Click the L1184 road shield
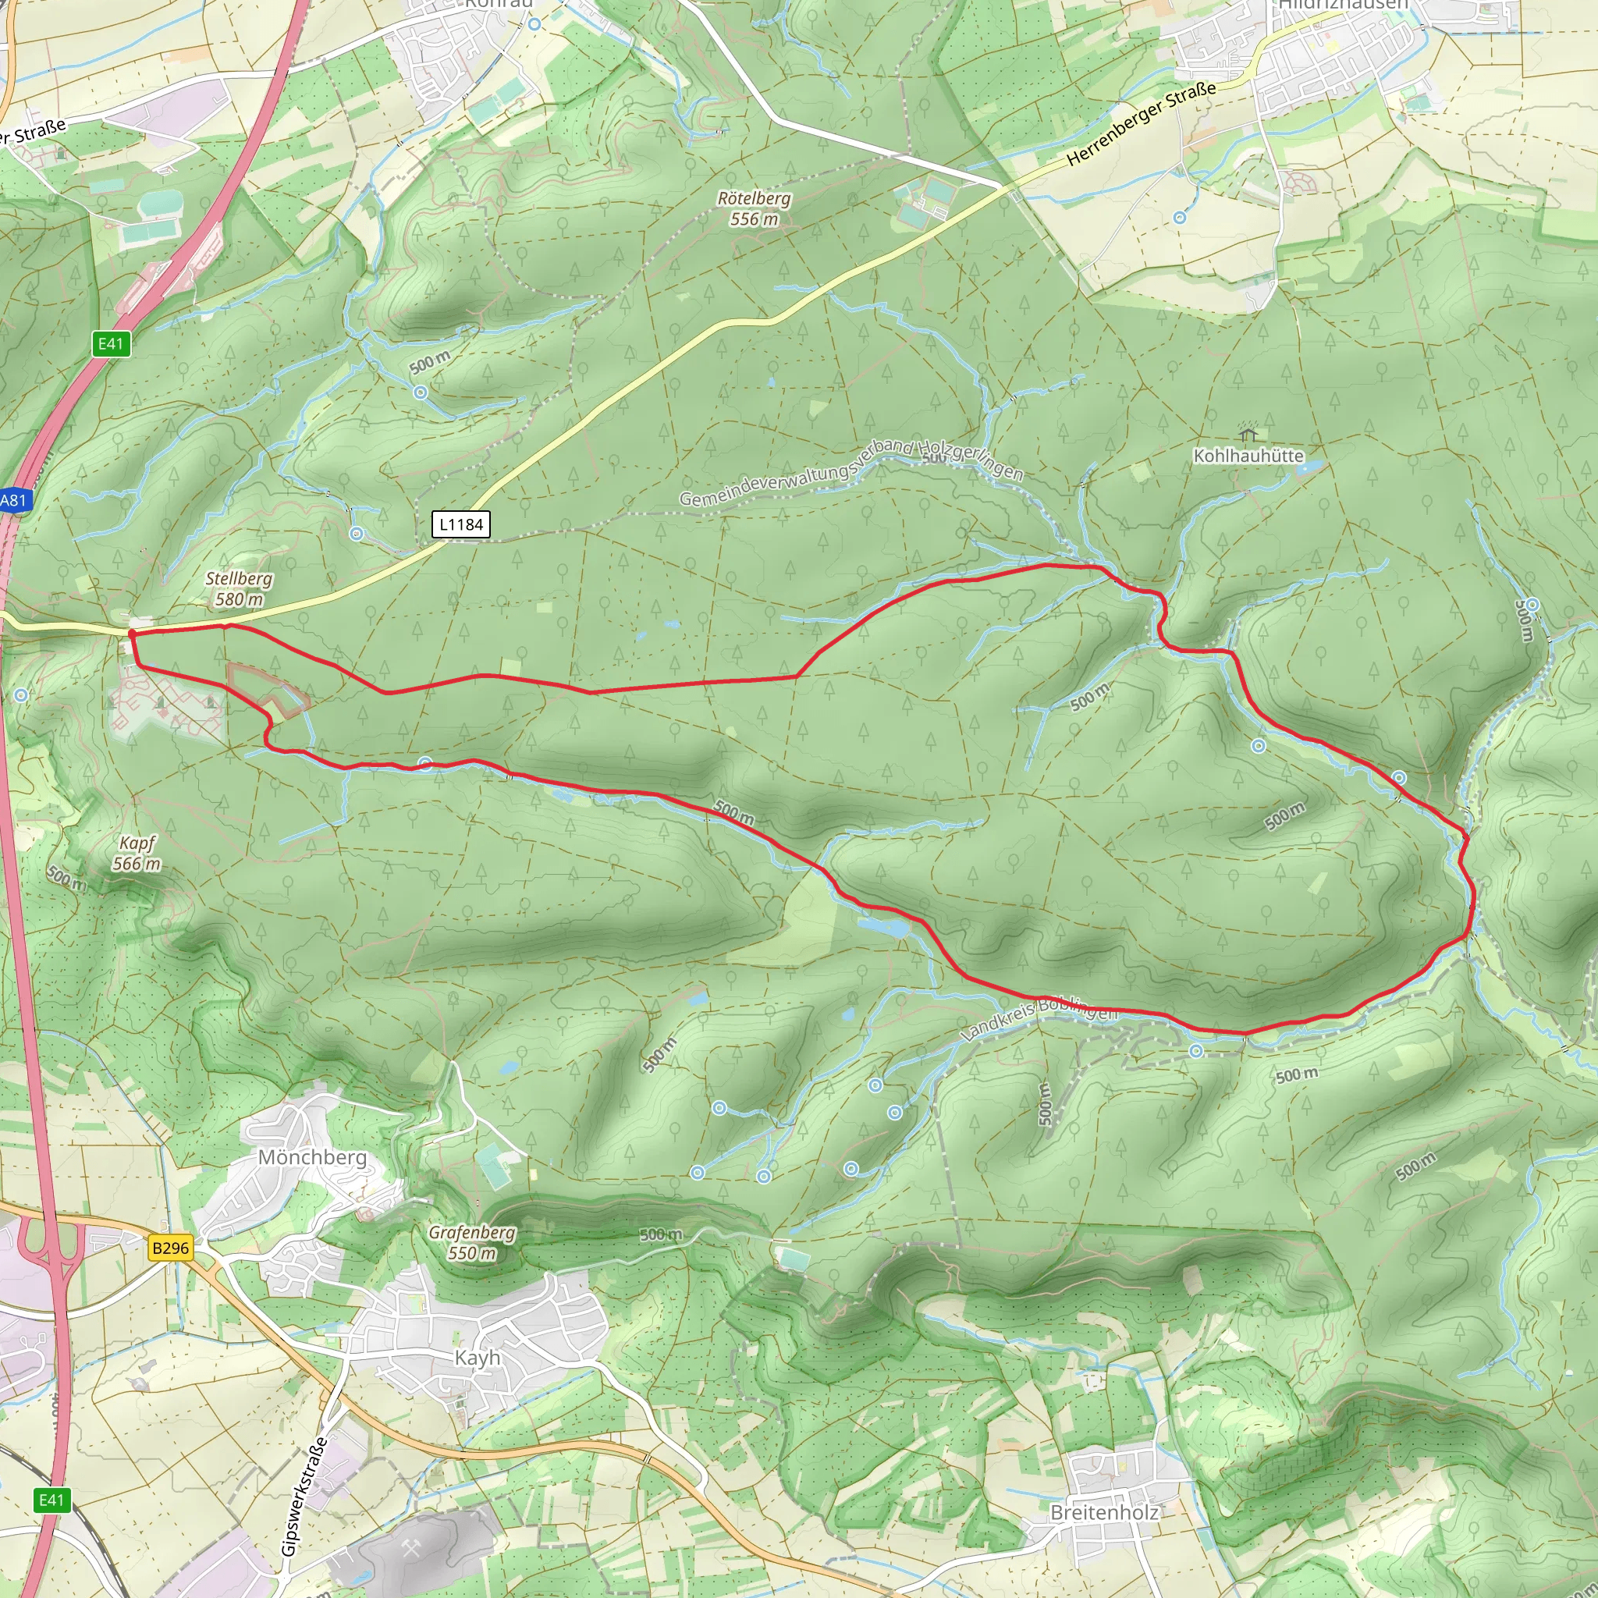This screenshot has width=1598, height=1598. [460, 524]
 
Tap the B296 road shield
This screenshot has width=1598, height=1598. [170, 1248]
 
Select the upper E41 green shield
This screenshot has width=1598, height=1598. [111, 343]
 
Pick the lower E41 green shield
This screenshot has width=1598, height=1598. [51, 1500]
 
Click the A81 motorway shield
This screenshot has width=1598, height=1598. [13, 499]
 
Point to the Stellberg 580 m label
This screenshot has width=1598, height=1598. [239, 589]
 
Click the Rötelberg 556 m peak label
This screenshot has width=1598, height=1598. [754, 208]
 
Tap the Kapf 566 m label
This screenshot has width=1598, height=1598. [137, 853]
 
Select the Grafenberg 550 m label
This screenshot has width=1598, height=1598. [472, 1242]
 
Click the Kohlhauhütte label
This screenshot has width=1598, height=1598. [1248, 456]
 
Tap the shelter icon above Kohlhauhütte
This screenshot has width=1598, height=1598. [1248, 433]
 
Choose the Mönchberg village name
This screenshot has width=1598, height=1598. [313, 1157]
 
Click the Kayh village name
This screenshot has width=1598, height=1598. [478, 1358]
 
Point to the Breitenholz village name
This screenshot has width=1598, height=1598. [1103, 1512]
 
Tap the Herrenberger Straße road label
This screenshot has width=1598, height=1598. [1141, 123]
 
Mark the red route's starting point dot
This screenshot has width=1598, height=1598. [133, 634]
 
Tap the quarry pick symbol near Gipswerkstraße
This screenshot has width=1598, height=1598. [411, 1549]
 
